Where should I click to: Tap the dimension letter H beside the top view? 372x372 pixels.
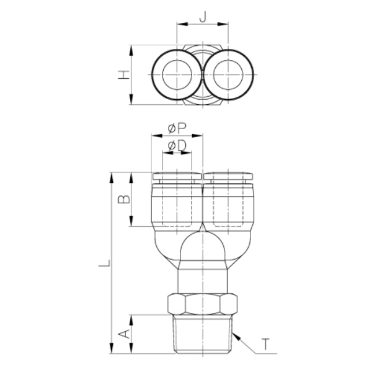(x=124, y=75)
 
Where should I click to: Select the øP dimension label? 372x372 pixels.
(x=177, y=128)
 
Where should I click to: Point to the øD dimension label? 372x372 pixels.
(x=177, y=145)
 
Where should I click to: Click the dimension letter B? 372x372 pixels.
(x=124, y=199)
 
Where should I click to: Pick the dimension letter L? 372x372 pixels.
(x=104, y=263)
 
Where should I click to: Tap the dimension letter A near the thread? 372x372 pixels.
(x=124, y=334)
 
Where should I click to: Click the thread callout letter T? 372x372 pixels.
(x=266, y=344)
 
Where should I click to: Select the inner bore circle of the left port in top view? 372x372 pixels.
(x=177, y=75)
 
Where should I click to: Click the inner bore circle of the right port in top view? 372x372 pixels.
(x=228, y=75)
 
